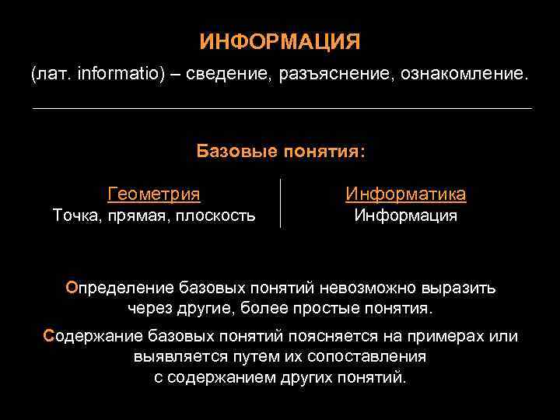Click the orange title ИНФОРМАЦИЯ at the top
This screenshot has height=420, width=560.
[x=280, y=41]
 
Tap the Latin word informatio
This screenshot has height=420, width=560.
[x=117, y=75]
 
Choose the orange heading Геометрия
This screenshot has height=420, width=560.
[x=153, y=194]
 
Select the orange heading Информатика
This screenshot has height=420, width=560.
[x=405, y=194]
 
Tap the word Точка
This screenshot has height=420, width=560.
[x=75, y=215]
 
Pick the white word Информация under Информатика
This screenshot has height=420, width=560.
[x=405, y=215]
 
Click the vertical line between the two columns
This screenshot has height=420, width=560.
[x=280, y=204]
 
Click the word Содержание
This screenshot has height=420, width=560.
[x=89, y=337]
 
